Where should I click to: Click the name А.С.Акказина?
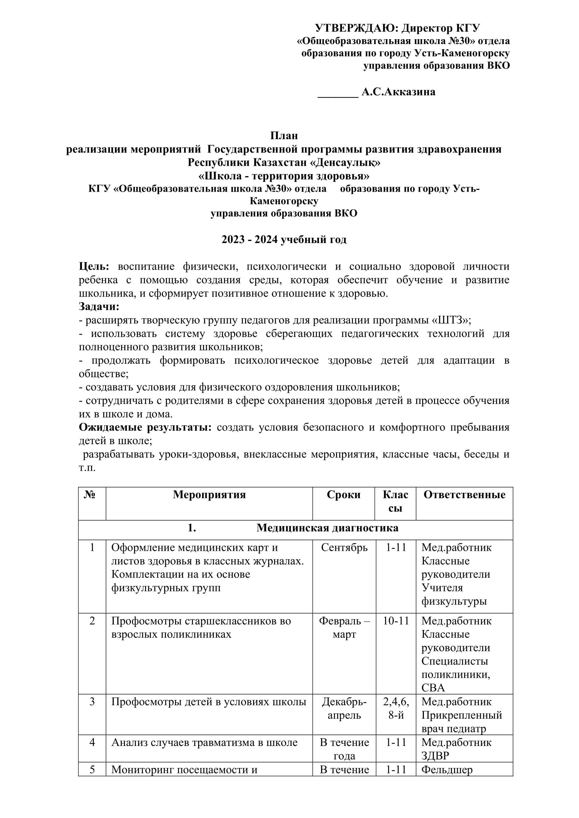(398, 92)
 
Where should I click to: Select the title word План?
(284, 136)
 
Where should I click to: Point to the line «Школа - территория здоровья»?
(284, 176)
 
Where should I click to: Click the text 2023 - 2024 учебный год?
(284, 240)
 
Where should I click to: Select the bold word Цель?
(94, 266)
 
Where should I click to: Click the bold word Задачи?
(99, 306)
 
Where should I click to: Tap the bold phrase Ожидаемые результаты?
(145, 427)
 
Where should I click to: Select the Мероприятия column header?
(209, 495)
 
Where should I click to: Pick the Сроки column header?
(343, 495)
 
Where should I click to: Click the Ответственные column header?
(464, 495)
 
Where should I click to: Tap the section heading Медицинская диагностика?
(327, 528)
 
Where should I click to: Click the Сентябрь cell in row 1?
(344, 548)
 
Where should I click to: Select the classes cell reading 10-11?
(396, 621)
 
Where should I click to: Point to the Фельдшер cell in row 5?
(447, 770)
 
